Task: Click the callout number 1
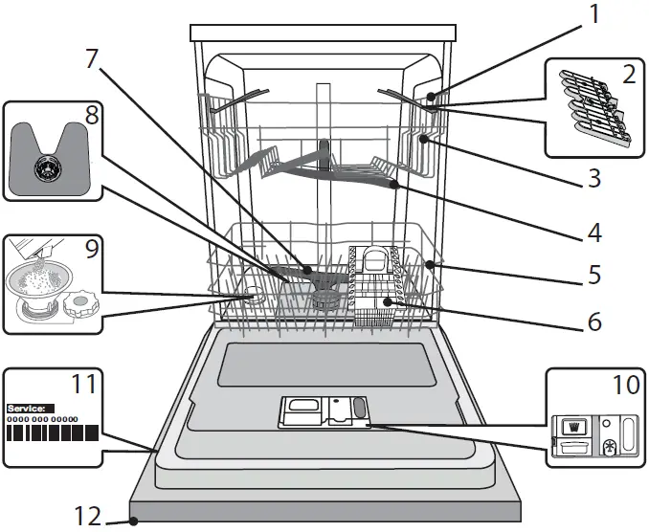point(594,14)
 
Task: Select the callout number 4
point(594,231)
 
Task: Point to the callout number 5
point(594,276)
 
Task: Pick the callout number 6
point(594,321)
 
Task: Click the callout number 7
point(92,58)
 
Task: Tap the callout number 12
point(89,518)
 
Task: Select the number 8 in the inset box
point(92,116)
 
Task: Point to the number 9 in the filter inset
point(92,251)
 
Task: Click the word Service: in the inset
point(31,408)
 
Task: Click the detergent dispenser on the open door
point(324,412)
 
